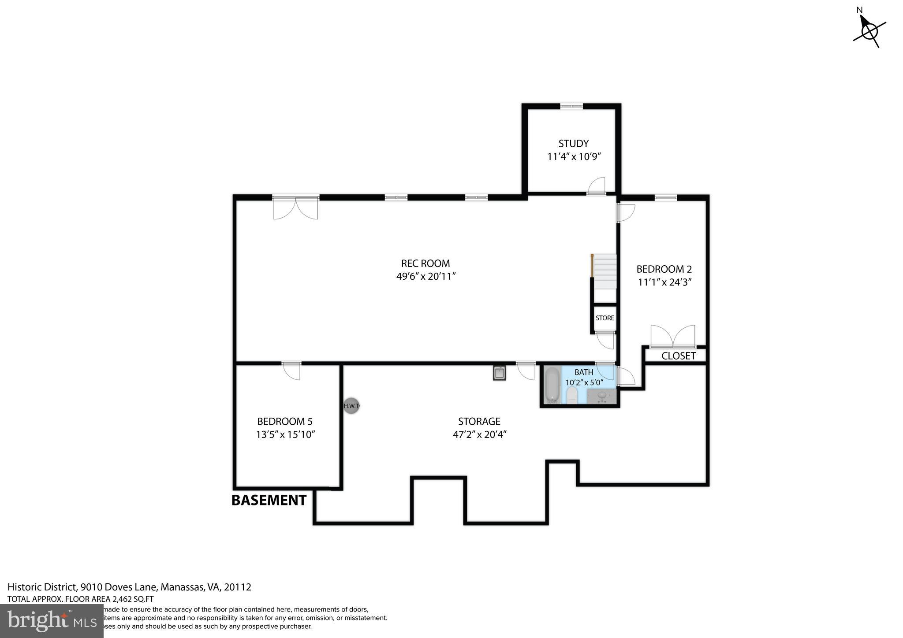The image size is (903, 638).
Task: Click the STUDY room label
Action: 573,144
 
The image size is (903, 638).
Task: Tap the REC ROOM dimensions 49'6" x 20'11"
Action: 425,277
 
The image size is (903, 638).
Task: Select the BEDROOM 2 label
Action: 664,269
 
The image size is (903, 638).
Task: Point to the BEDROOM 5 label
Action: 285,422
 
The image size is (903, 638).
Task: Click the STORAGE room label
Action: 479,422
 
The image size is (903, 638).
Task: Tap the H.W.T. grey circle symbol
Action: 351,406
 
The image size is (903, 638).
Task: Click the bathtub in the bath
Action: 551,386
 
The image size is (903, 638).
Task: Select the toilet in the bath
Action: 572,395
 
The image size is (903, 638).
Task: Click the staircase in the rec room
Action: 604,271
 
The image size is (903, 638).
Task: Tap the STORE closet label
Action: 604,318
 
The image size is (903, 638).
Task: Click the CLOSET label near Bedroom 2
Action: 678,356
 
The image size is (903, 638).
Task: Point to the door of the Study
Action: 596,187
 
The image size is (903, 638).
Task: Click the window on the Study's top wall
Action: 571,106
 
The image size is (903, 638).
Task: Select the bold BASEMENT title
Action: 269,501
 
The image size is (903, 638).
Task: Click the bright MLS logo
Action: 52,621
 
